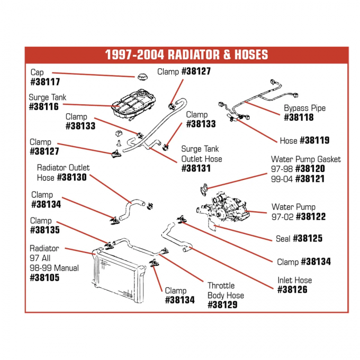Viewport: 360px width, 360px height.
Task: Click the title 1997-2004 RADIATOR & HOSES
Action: [186, 55]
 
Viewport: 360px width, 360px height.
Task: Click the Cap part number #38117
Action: [45, 82]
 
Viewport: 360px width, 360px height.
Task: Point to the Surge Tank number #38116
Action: [45, 107]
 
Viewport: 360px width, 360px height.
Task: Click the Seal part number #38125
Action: [307, 239]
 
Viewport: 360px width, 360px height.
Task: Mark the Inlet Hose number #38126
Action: [293, 290]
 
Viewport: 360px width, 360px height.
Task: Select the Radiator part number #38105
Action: [45, 277]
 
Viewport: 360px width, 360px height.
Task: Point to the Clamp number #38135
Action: [45, 230]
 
